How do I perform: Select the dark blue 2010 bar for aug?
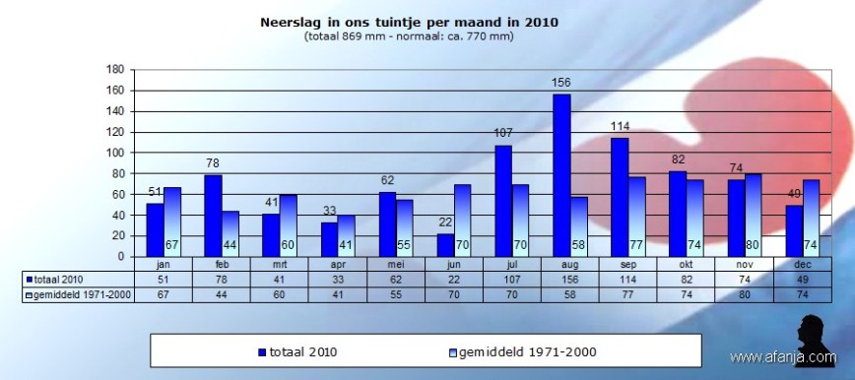coord(561,175)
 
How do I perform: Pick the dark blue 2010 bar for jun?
coord(445,245)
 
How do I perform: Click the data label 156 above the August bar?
coord(561,84)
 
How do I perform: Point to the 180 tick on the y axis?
coord(114,70)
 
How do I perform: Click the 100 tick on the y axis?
coord(114,153)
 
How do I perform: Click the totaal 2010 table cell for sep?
coord(628,278)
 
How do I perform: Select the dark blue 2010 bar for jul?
coord(503,201)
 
